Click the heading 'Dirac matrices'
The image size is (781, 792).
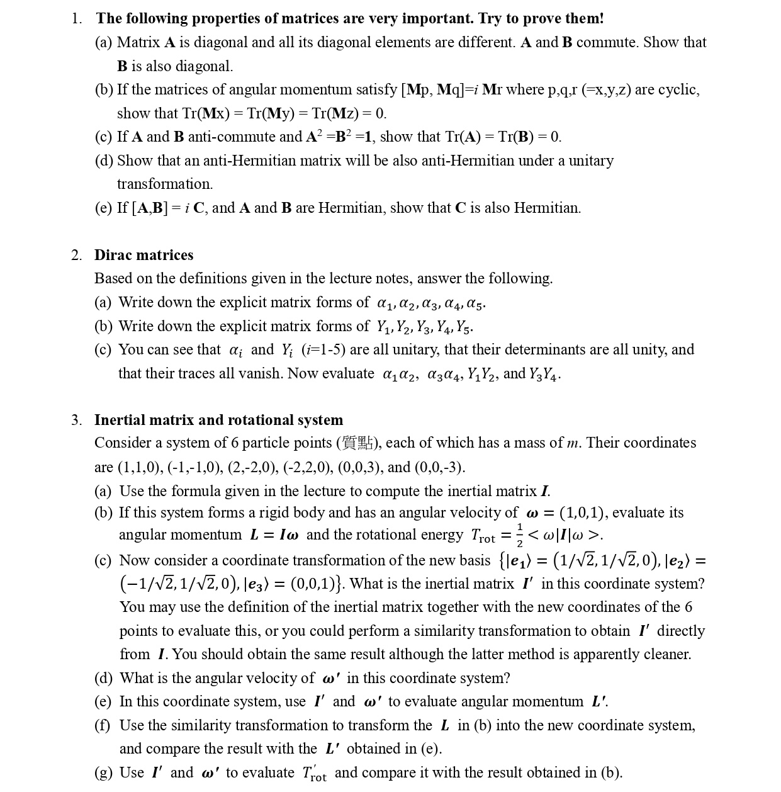pos(143,255)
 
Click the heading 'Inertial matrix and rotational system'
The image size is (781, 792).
pos(218,420)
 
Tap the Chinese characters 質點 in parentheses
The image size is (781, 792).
pos(357,443)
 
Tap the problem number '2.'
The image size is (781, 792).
pos(76,255)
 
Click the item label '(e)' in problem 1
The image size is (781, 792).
pos(104,208)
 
